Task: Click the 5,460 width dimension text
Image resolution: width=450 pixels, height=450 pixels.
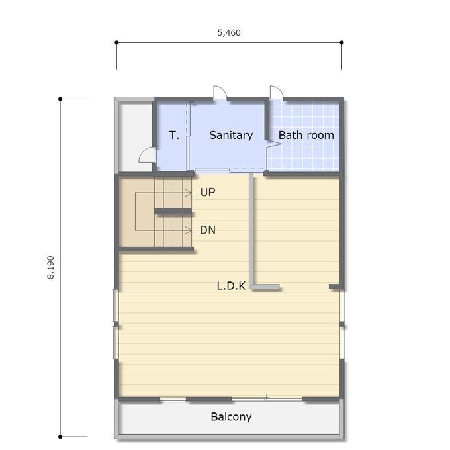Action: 229,33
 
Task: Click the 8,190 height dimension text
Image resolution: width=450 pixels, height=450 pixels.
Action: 50,267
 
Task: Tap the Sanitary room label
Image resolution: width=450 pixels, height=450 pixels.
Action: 231,135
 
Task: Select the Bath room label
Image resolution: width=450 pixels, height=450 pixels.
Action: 306,135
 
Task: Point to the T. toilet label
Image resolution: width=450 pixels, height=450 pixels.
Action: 174,135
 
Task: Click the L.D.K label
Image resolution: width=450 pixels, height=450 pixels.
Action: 231,286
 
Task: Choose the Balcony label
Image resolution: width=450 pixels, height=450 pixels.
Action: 231,417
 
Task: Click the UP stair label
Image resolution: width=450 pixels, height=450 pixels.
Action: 208,192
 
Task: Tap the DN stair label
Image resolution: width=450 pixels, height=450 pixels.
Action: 208,230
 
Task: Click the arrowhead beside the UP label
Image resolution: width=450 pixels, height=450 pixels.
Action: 189,193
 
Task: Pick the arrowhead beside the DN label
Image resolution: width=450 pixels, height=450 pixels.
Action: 189,230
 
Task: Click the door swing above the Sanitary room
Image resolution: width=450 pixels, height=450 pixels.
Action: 220,93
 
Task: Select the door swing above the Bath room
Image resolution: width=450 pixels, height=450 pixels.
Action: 277,93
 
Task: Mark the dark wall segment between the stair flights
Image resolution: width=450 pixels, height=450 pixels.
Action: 173,212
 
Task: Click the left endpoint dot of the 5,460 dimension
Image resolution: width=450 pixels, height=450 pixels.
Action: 116,42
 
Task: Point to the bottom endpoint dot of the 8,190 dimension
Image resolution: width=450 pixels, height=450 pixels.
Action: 60,437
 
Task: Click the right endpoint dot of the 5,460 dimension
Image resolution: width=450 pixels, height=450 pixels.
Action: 341,42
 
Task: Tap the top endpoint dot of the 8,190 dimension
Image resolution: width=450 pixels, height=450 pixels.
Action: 60,99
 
